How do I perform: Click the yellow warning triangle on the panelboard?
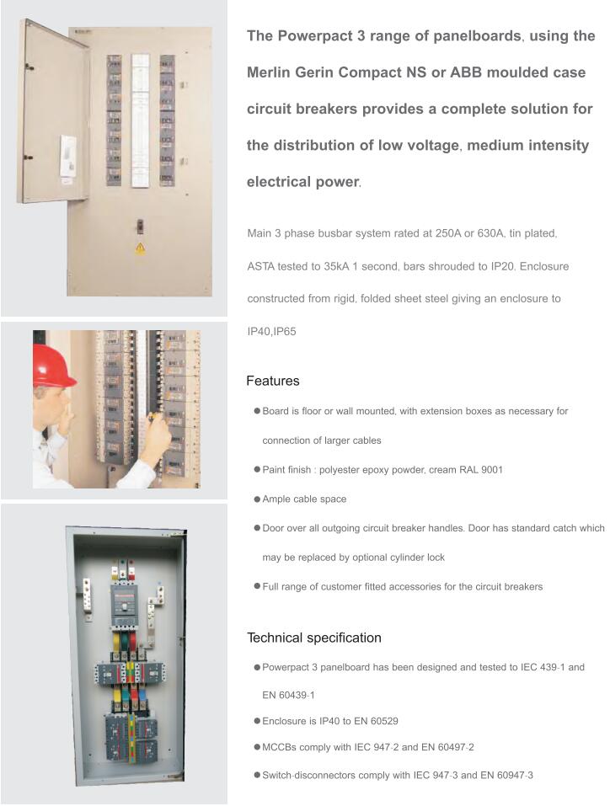pos(140,248)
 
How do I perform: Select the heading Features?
pos(272,382)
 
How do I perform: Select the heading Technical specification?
pos(313,638)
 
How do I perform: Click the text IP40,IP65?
pos(271,332)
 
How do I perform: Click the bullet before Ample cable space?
pos(256,499)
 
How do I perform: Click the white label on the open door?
pos(67,156)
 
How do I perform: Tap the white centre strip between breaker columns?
pos(140,120)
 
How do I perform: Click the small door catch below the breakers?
pos(140,226)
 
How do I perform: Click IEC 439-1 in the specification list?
pos(532,667)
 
